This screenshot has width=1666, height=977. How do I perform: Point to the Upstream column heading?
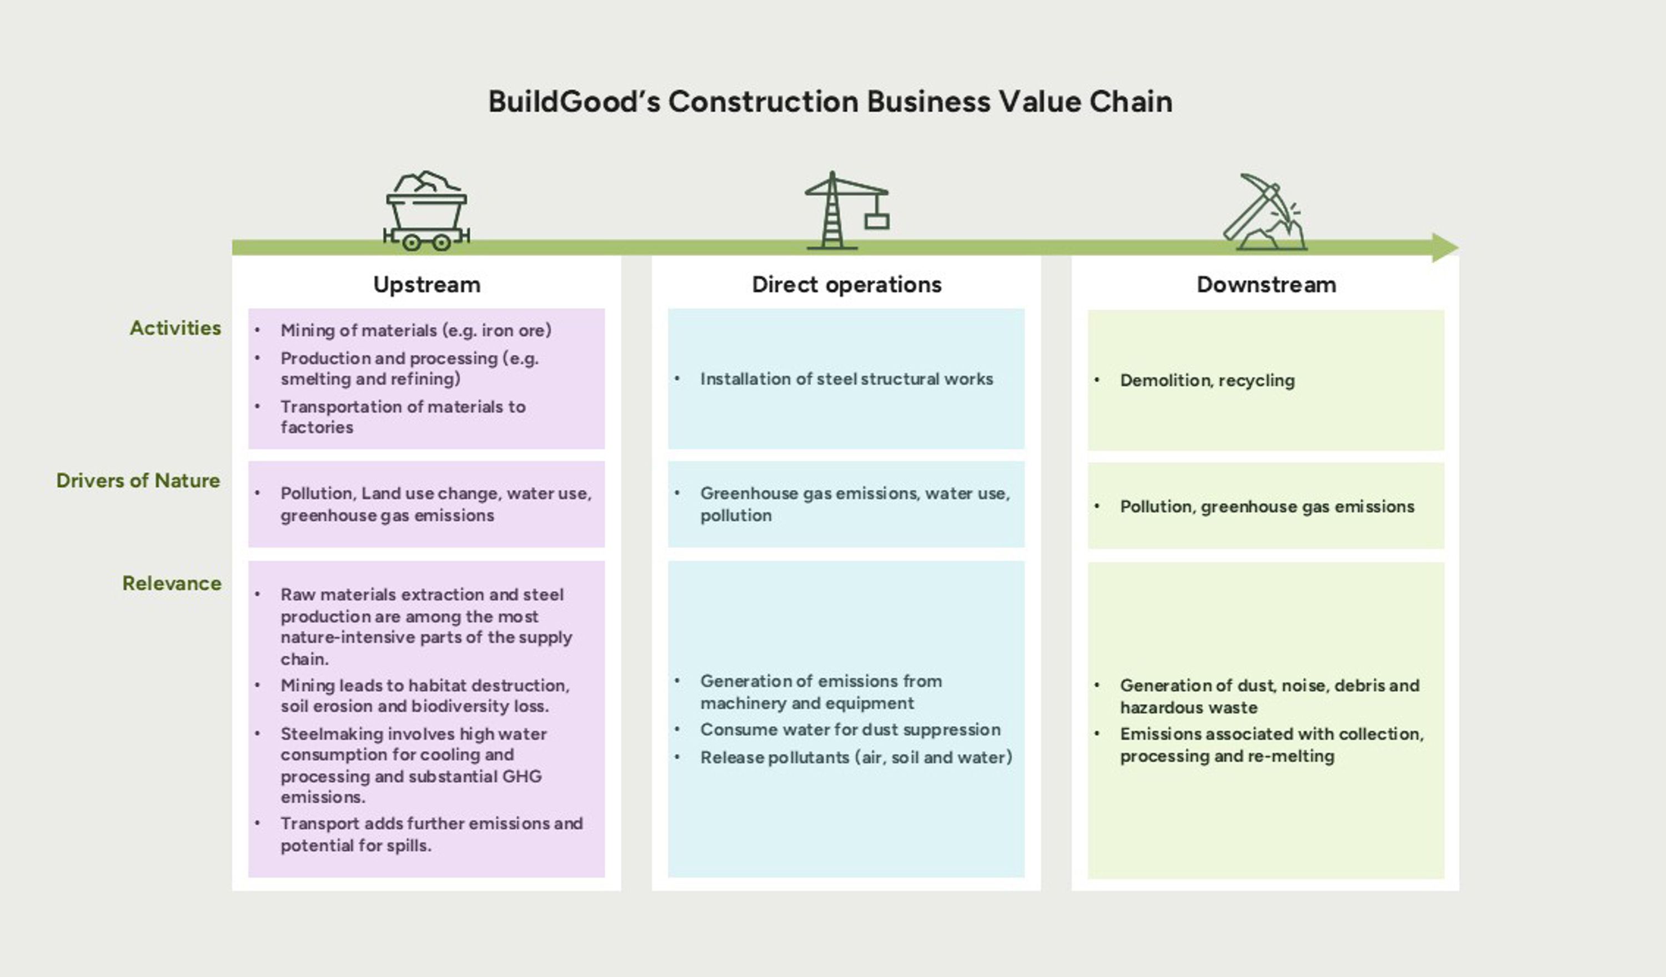[x=426, y=284]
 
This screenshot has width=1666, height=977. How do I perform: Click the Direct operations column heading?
[x=846, y=284]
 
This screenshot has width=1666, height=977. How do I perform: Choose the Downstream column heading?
[x=1266, y=284]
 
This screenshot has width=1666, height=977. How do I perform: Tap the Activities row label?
[x=175, y=328]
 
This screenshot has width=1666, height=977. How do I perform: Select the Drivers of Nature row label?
[x=138, y=481]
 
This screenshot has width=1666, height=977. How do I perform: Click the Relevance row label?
[x=172, y=583]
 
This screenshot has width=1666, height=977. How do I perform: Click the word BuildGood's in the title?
[x=573, y=102]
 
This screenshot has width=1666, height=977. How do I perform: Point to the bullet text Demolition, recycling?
[x=1207, y=380]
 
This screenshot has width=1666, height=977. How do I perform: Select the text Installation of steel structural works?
[x=846, y=379]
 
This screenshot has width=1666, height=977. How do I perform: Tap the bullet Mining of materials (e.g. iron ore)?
[x=415, y=330]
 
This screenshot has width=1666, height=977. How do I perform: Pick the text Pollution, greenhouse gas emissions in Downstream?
[x=1267, y=506]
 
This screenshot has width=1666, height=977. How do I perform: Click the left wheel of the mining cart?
[x=411, y=243]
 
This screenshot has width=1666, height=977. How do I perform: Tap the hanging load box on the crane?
[x=877, y=220]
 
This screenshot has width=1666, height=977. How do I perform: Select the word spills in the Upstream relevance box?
[x=409, y=845]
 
